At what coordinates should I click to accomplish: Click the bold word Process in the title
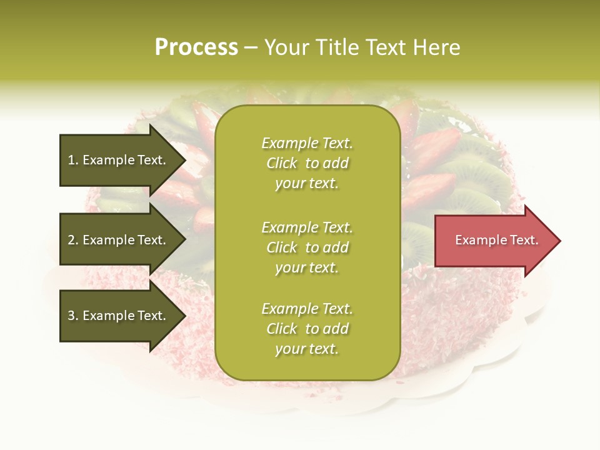pos(196,47)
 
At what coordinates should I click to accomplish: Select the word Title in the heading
pos(335,47)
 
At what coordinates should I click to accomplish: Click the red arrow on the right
pos(494,241)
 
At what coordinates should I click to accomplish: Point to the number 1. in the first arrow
pos(73,161)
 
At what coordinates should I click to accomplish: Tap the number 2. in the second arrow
pos(73,241)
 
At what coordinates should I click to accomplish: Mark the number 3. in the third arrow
pos(73,316)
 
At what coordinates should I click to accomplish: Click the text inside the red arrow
pos(496,240)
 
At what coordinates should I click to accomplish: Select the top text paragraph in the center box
pos(307,163)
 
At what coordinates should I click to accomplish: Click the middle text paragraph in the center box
pos(307,247)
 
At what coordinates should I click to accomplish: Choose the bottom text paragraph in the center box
pos(307,329)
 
